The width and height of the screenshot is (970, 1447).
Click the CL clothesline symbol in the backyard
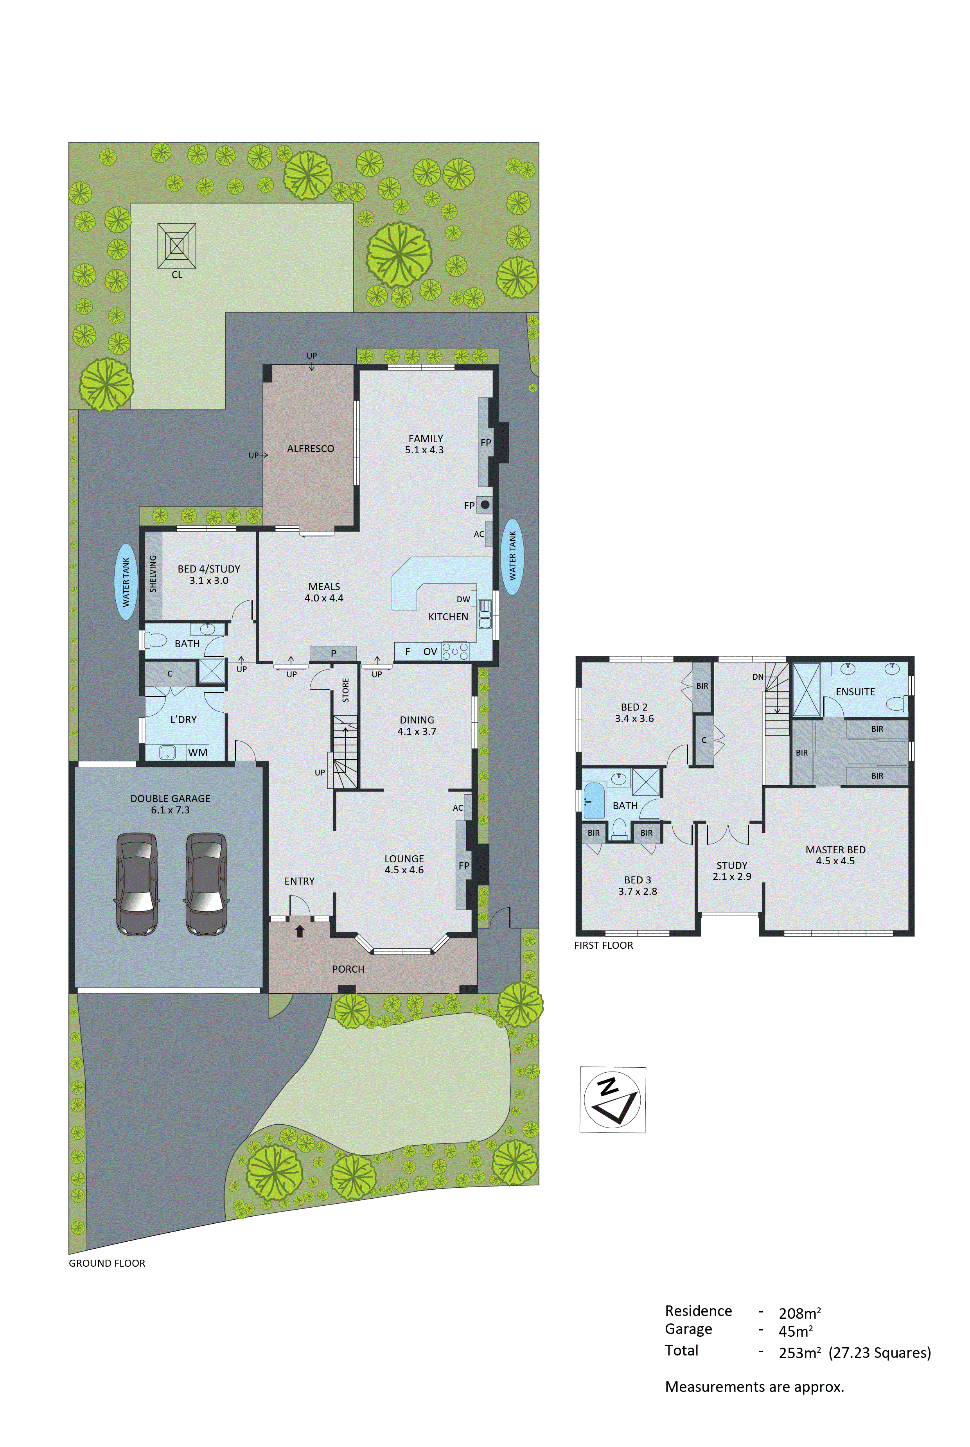pyautogui.click(x=177, y=246)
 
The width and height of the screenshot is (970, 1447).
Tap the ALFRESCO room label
pyautogui.click(x=311, y=448)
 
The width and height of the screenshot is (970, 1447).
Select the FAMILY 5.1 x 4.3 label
pyautogui.click(x=425, y=444)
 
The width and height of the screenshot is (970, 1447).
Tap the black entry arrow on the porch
pyautogui.click(x=300, y=931)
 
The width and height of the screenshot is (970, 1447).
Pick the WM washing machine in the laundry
pyautogui.click(x=198, y=752)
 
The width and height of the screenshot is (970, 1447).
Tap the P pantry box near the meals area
pyautogui.click(x=333, y=653)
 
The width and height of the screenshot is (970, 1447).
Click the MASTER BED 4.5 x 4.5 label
pyautogui.click(x=835, y=855)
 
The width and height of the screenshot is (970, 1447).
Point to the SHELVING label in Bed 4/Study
pyautogui.click(x=153, y=573)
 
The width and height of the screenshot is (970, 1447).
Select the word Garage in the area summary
pyautogui.click(x=688, y=1330)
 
